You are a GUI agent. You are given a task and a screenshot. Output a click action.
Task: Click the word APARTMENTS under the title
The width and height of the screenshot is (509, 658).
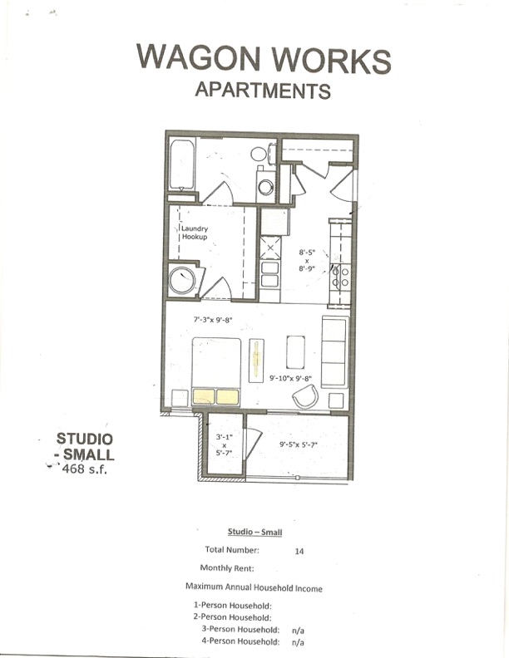(x=262, y=90)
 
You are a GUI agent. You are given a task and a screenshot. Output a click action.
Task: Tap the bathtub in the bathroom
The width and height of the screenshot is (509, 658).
(x=182, y=164)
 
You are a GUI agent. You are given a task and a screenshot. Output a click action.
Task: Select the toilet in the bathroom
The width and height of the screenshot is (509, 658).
(x=259, y=154)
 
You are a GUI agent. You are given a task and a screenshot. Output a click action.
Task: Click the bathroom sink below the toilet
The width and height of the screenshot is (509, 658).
(x=265, y=187)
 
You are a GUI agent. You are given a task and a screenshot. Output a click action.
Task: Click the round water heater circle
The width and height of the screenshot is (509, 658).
(x=182, y=280)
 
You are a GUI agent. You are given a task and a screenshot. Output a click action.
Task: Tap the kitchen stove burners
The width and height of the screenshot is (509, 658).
(x=340, y=276)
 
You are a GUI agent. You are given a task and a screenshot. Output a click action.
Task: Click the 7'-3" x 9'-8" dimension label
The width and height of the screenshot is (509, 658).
(x=212, y=319)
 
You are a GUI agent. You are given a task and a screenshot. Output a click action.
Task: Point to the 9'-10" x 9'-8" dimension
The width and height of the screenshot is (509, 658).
(x=290, y=379)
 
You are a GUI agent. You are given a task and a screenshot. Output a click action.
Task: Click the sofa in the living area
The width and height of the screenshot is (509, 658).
(x=334, y=351)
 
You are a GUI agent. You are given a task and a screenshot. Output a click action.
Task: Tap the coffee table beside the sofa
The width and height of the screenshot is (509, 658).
(x=296, y=351)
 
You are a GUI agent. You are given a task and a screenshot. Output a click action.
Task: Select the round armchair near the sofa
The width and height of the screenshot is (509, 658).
(x=305, y=398)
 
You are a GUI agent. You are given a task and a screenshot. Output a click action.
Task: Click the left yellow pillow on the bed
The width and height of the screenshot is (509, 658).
(x=204, y=397)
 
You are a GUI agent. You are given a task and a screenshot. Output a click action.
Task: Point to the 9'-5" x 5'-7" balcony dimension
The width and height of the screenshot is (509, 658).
(x=299, y=445)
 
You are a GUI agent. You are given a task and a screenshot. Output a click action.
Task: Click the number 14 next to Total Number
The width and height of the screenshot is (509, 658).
(x=299, y=550)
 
